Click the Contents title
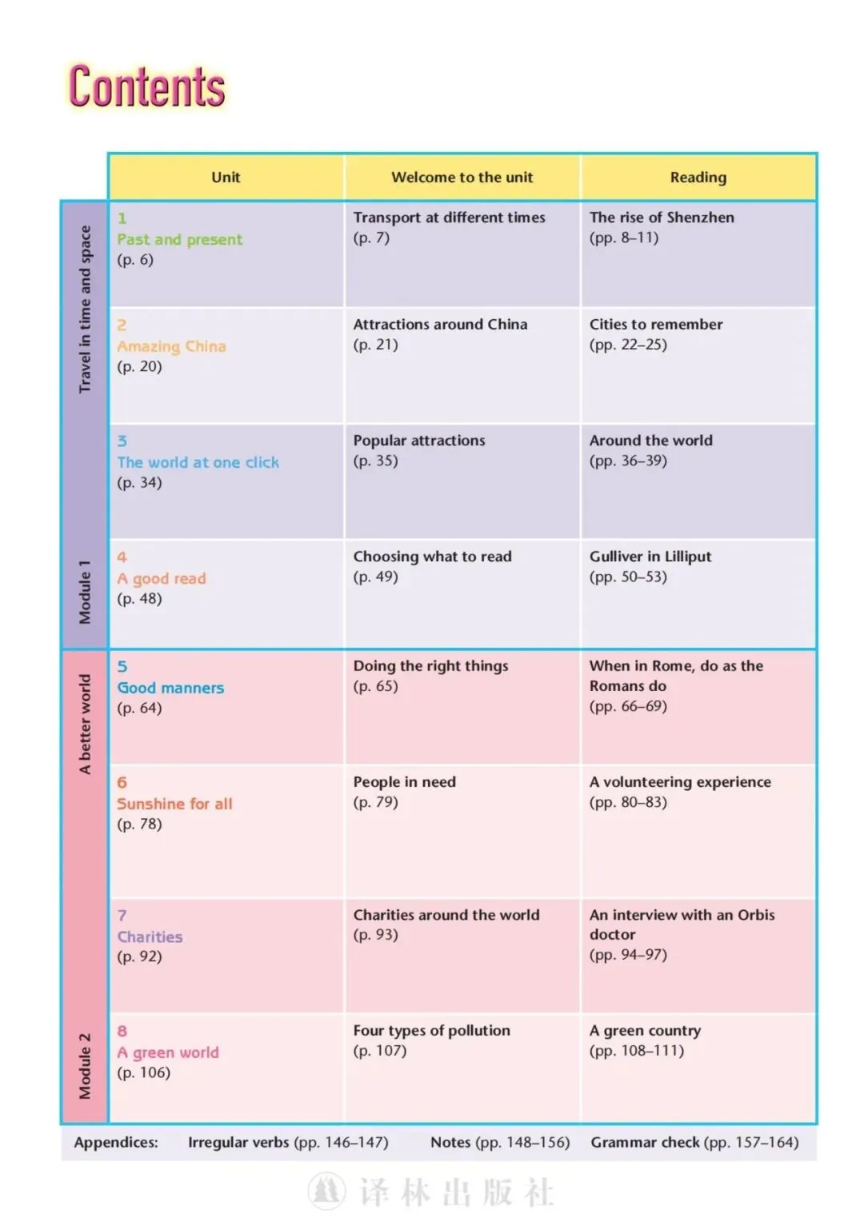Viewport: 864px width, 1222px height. (x=147, y=87)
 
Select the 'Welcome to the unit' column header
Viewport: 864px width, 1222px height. (x=462, y=178)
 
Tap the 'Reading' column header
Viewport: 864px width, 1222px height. (x=698, y=178)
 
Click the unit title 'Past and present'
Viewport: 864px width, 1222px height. (x=179, y=239)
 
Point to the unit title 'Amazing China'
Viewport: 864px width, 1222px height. (x=171, y=346)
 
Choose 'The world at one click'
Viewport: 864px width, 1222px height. (x=198, y=462)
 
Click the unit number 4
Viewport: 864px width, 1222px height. (x=122, y=557)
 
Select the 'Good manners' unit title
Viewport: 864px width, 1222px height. (x=170, y=688)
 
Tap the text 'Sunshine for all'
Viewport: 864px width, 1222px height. (x=174, y=804)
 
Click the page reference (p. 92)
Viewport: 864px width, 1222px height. (x=139, y=956)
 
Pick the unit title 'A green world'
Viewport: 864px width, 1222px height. (x=167, y=1052)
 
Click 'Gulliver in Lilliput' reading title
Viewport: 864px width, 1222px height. (x=650, y=557)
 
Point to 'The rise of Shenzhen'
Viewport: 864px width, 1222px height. (x=661, y=218)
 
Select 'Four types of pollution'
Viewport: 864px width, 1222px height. (x=431, y=1031)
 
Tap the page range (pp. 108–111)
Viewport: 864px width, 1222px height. (x=636, y=1051)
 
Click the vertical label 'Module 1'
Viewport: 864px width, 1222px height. (x=85, y=593)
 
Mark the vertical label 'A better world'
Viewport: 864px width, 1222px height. (x=85, y=724)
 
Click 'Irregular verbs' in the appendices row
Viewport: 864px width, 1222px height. (x=238, y=1143)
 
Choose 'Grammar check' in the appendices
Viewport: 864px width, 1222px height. (x=645, y=1143)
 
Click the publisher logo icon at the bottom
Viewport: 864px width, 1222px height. (x=326, y=1192)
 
